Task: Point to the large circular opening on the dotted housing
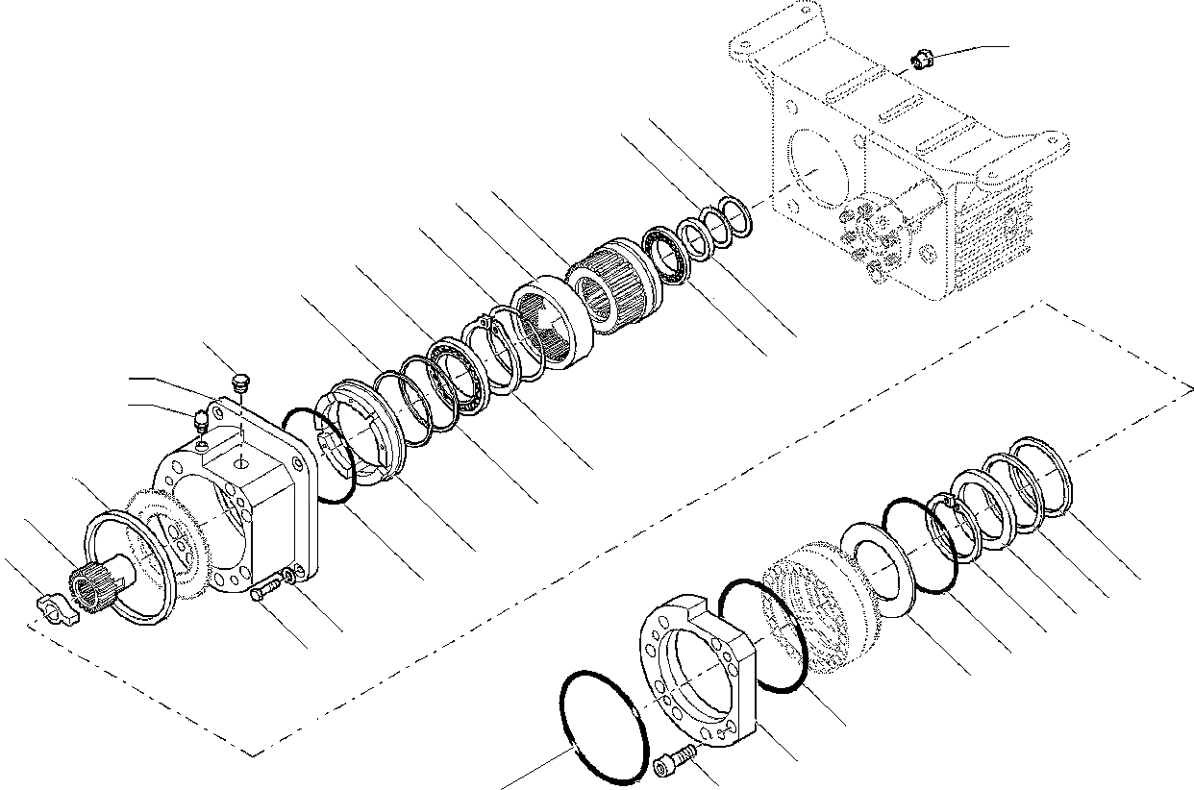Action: tap(815, 174)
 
